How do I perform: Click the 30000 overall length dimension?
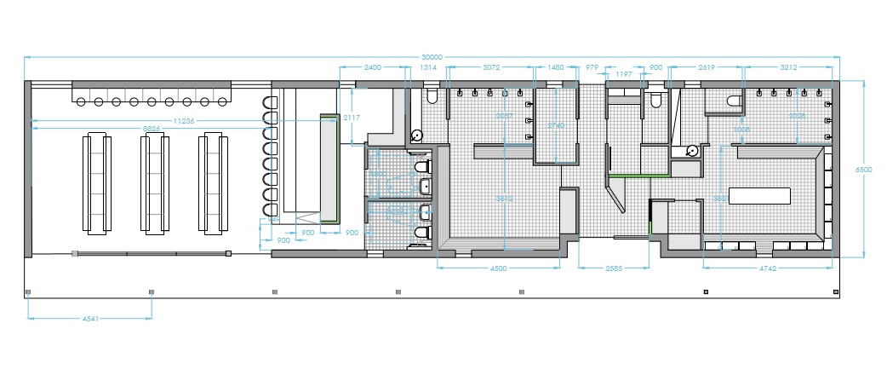click(x=432, y=57)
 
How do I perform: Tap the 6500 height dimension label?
click(x=863, y=170)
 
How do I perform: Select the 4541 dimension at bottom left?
click(x=90, y=319)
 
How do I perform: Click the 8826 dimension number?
click(x=153, y=129)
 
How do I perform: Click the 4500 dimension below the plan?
click(x=498, y=268)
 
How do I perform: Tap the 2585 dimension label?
click(x=613, y=268)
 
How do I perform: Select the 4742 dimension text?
click(x=769, y=268)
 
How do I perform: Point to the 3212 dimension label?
click(x=793, y=66)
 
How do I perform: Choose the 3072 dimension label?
click(x=493, y=66)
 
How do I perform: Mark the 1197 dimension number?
click(x=624, y=75)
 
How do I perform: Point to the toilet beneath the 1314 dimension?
click(x=430, y=95)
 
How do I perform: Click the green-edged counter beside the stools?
click(x=329, y=166)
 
